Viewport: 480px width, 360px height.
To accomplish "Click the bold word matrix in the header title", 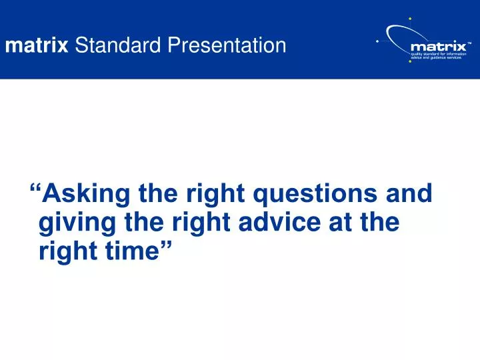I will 37,46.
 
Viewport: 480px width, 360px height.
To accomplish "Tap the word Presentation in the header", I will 227,46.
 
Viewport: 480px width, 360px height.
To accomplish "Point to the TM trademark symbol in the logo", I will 469,42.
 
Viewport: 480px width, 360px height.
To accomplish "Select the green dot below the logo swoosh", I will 409,70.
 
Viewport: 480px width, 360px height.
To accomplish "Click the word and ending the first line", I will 409,194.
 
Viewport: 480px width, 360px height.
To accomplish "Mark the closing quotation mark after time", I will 165,247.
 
